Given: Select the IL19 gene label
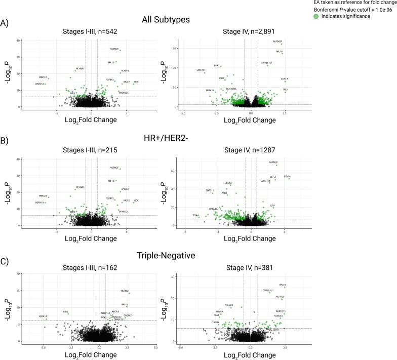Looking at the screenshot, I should point(272,206).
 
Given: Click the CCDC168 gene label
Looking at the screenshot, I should point(265,180).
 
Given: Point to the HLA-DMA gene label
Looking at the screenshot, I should point(231,89).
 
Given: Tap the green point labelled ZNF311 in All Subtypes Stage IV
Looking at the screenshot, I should point(205,73).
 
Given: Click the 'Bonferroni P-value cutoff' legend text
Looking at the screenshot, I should point(349,10).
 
